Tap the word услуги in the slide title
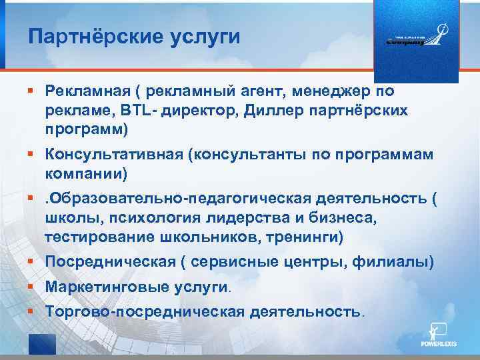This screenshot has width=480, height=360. (203, 37)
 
